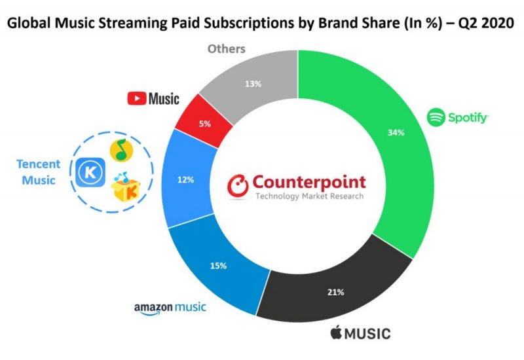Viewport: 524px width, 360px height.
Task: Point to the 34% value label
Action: click(x=396, y=133)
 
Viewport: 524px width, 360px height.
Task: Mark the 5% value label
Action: click(x=206, y=123)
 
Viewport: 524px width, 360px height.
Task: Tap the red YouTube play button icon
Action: click(x=137, y=99)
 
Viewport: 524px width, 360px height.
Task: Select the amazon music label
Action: click(x=170, y=307)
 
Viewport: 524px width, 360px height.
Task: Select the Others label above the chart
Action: click(x=227, y=49)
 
